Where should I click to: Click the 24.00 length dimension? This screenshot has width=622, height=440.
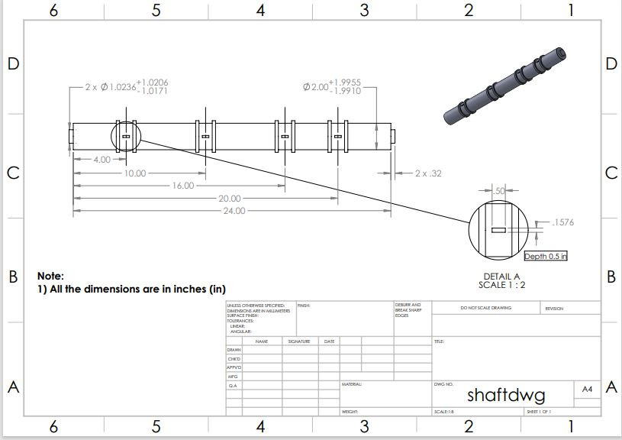[234, 210]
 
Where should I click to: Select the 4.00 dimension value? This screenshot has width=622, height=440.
[102, 160]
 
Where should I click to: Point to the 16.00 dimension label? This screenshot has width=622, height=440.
[183, 186]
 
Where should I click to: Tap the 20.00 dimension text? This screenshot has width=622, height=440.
[230, 199]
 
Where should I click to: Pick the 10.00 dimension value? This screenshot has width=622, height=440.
[134, 173]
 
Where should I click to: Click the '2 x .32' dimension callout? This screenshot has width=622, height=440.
[427, 173]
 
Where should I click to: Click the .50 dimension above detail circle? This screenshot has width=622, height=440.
[501, 190]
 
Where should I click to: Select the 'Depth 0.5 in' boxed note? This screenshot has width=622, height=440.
[546, 256]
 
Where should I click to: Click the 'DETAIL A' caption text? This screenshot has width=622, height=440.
[501, 277]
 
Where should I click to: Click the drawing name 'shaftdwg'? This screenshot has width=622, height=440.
[505, 396]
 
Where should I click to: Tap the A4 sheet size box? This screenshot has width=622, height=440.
[587, 390]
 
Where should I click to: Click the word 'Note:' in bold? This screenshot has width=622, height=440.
[51, 276]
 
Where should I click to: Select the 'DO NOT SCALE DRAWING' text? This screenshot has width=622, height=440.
[485, 308]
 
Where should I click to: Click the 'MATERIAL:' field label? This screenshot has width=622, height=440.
[351, 384]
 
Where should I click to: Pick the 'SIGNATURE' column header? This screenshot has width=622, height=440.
[298, 341]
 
